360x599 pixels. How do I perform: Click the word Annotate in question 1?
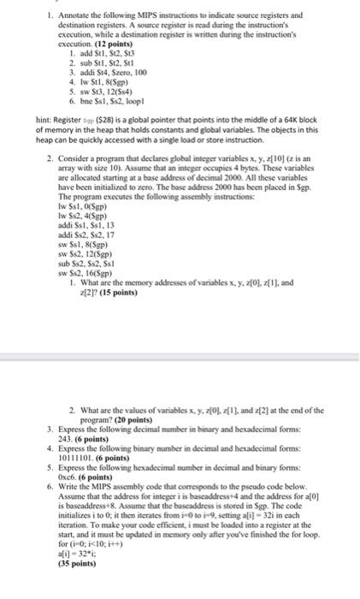pyautogui.click(x=66, y=15)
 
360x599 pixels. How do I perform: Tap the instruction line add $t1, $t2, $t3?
pyautogui.click(x=93, y=52)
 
